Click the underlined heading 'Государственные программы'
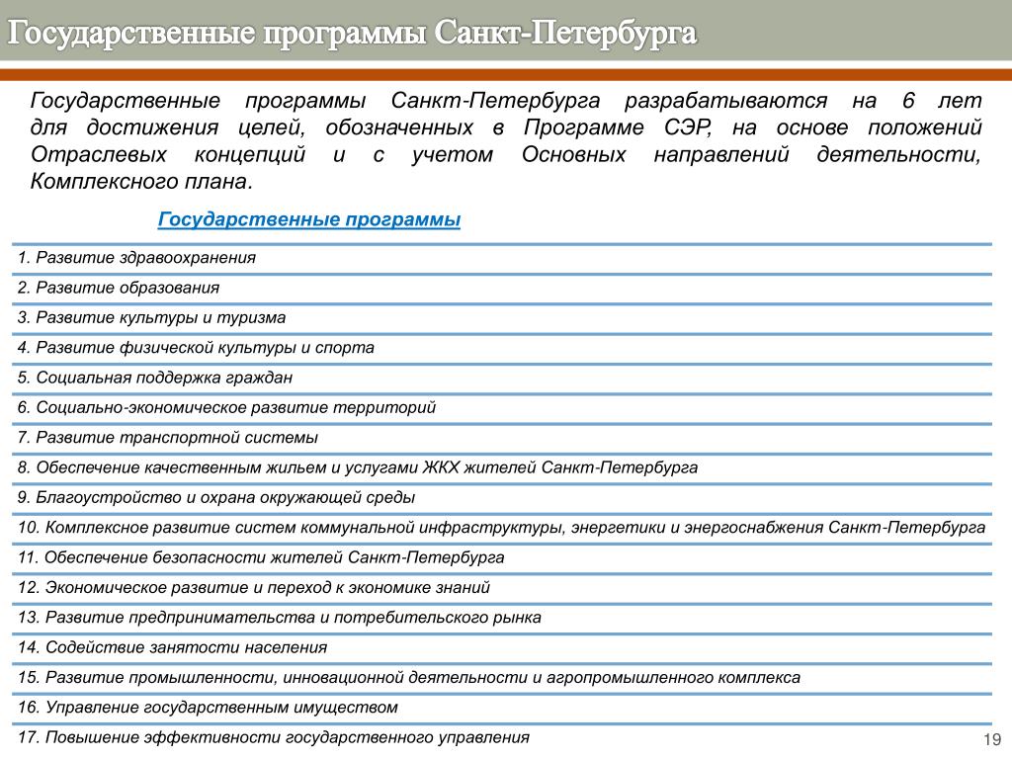[x=309, y=219]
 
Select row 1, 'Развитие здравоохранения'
[x=136, y=258]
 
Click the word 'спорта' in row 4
[x=345, y=348]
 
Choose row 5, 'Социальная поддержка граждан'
[x=155, y=378]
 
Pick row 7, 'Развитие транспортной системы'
[x=168, y=438]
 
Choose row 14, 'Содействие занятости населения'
[x=172, y=648]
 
